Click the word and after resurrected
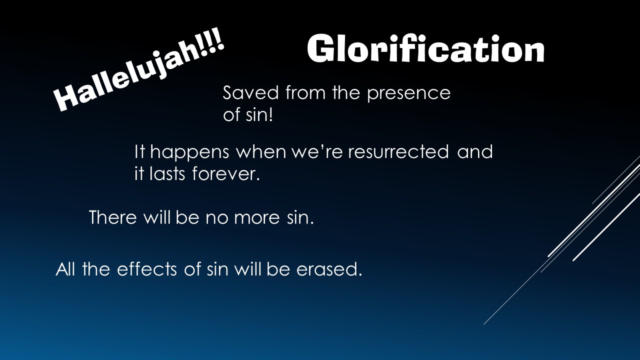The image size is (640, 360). click(475, 151)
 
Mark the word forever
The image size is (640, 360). click(226, 175)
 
